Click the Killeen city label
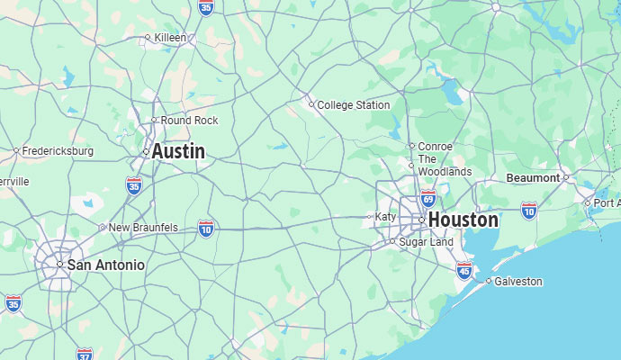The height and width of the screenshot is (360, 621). click(x=170, y=38)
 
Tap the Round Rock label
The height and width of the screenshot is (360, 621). click(x=189, y=121)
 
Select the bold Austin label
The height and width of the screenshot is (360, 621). click(x=178, y=152)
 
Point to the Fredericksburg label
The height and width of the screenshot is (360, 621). click(x=58, y=151)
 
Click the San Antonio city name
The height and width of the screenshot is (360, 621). click(x=105, y=265)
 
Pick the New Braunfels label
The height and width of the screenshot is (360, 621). click(x=143, y=228)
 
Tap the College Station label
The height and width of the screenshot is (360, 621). click(x=353, y=105)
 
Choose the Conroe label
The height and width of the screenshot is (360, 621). click(x=436, y=146)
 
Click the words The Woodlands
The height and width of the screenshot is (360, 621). click(x=445, y=165)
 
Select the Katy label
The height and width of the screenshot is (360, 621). click(x=385, y=217)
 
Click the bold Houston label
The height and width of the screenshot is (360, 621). click(x=463, y=220)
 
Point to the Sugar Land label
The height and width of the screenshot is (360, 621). click(x=426, y=242)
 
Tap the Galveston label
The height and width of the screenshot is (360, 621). click(x=517, y=282)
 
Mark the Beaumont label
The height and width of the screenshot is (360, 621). click(x=533, y=178)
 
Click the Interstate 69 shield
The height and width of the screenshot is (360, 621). click(x=428, y=197)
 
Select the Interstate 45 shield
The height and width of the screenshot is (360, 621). click(x=464, y=270)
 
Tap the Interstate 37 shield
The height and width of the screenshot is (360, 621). click(x=85, y=354)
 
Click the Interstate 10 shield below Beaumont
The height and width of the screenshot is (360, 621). click(x=529, y=211)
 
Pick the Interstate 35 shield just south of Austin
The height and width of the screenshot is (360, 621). click(x=134, y=185)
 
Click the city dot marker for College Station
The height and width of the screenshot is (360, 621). click(x=311, y=104)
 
